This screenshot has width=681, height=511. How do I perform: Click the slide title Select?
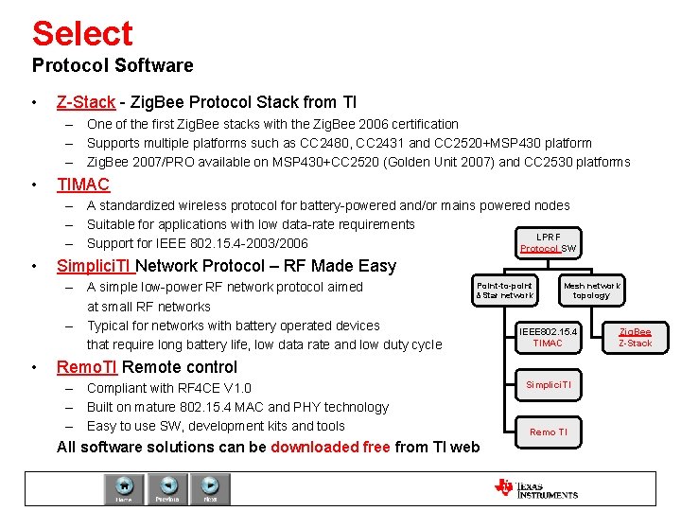(x=82, y=33)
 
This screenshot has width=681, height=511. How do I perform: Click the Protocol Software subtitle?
(x=113, y=65)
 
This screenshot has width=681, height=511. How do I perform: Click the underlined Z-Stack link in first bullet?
(x=86, y=101)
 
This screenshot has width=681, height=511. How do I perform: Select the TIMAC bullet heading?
(x=83, y=185)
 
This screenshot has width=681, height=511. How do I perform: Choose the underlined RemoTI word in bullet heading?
(x=87, y=367)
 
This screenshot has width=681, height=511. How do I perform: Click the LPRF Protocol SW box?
(x=548, y=242)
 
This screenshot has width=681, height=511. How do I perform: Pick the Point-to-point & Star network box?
(x=505, y=291)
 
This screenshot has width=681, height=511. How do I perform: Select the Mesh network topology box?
(x=591, y=291)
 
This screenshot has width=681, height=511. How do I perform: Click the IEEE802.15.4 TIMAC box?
(x=548, y=337)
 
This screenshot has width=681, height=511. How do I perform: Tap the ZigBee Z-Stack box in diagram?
(x=635, y=337)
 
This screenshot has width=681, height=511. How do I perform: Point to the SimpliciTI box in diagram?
(x=548, y=385)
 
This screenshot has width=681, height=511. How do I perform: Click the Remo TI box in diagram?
(x=548, y=432)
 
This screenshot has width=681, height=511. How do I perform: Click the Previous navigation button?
(x=167, y=488)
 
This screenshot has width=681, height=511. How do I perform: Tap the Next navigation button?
(x=210, y=488)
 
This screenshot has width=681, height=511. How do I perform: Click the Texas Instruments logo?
(x=536, y=488)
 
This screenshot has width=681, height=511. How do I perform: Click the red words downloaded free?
(x=330, y=447)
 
